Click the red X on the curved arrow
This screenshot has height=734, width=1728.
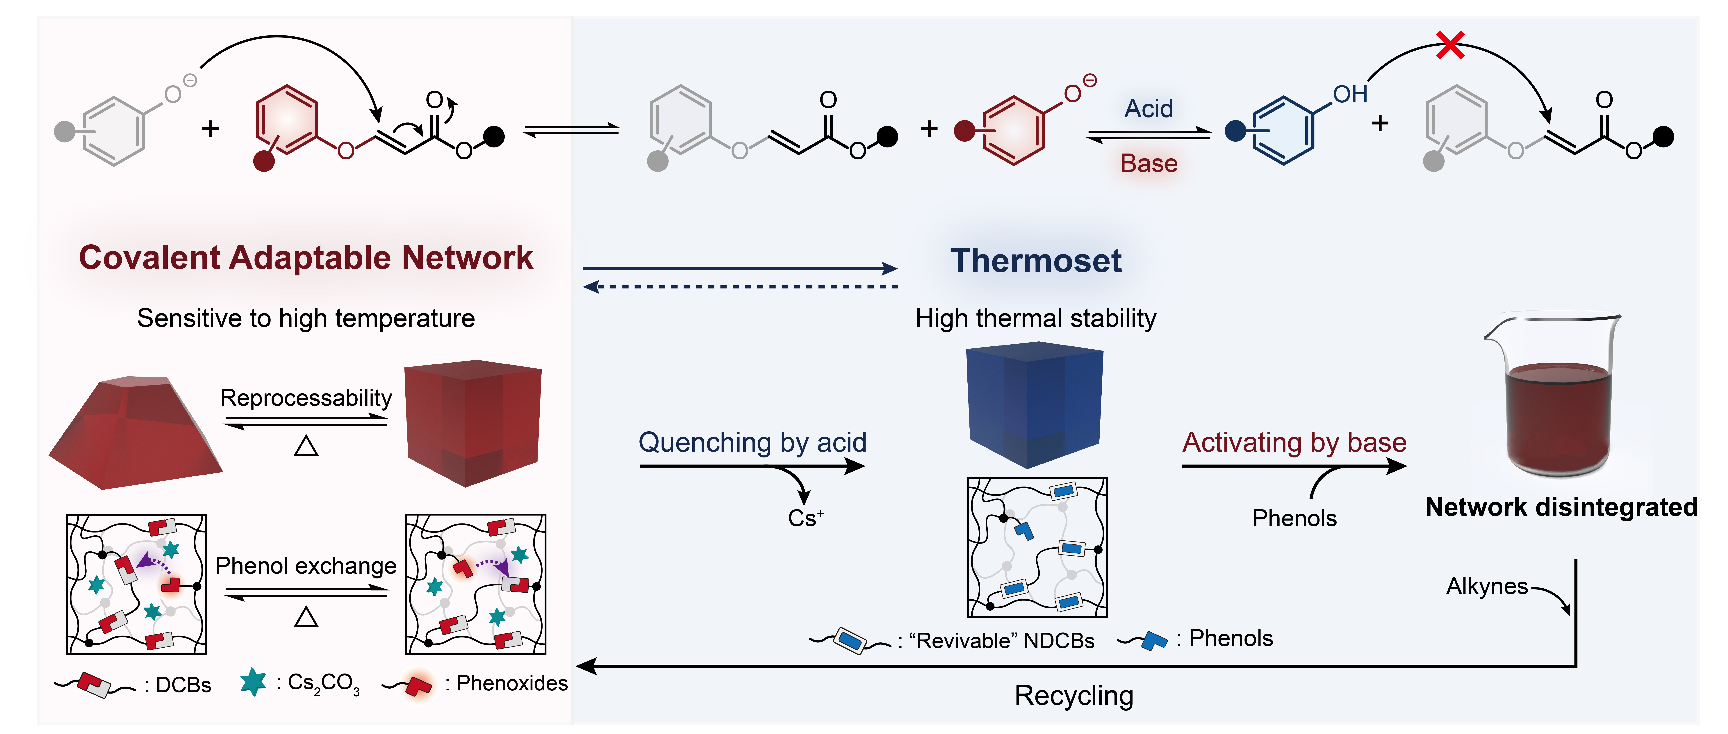(x=1450, y=46)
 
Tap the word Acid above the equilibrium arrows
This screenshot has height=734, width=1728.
(x=1149, y=109)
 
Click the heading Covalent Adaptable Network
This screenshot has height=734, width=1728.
(x=306, y=258)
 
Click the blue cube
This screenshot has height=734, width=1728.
(x=1034, y=402)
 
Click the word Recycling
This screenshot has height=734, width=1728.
(x=1073, y=696)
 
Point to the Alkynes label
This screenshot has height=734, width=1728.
(x=1486, y=586)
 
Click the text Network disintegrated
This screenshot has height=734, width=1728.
(x=1561, y=507)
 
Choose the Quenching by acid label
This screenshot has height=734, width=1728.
(x=752, y=443)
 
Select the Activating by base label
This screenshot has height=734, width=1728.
(x=1294, y=443)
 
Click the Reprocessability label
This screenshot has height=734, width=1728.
(x=306, y=398)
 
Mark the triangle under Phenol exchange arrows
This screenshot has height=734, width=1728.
(x=306, y=617)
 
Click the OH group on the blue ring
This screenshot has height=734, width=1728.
(x=1350, y=95)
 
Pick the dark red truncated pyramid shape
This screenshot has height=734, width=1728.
(x=134, y=433)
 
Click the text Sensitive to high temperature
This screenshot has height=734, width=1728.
(x=306, y=318)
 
